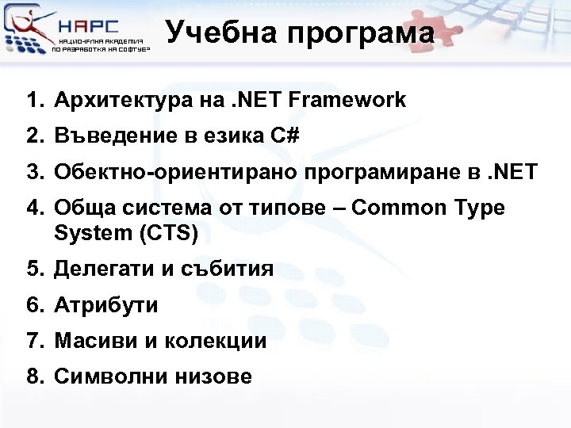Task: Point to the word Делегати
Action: tap(99, 269)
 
